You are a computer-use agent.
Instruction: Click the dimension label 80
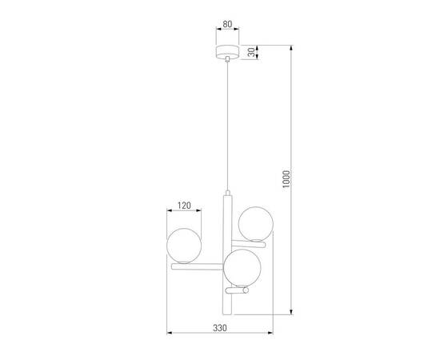coord(227,24)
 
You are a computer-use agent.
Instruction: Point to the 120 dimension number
coord(183,206)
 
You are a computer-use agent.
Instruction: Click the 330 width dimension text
coord(220,329)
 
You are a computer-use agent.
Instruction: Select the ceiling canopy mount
coord(227,53)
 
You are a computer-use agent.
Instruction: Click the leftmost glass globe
coord(183,243)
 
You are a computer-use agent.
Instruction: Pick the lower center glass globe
coord(241,267)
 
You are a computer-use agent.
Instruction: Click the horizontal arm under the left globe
coord(197,265)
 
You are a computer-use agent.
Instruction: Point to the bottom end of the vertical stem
coord(227,314)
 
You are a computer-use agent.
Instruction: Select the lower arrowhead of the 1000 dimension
coord(290,314)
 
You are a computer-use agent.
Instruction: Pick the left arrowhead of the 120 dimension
coord(169,211)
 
